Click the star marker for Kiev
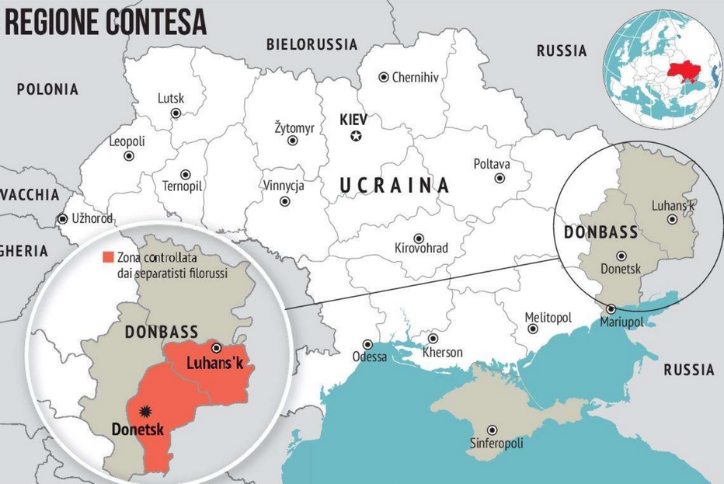coord(356,137)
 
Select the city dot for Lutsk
coord(176,113)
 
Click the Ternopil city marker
coord(186,175)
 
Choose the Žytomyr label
coord(294,127)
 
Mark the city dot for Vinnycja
coord(285,200)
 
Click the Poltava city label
coord(492,164)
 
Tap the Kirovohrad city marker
coord(419,239)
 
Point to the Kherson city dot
coord(433,339)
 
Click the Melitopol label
coord(548,318)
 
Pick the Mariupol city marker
coord(611,308)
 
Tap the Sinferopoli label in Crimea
coord(496,444)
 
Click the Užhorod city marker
coord(62,219)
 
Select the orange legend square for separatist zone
coord(109,257)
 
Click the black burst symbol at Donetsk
coord(143,410)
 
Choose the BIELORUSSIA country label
coord(312,44)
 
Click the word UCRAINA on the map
coord(395,185)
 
